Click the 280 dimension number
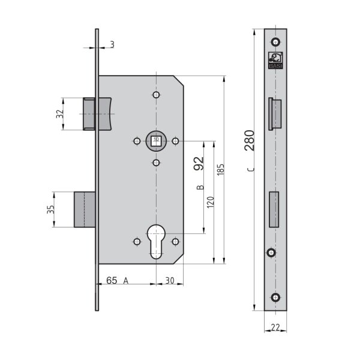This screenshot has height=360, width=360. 250,140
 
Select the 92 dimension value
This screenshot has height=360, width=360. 199,163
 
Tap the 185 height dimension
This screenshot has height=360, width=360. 220,170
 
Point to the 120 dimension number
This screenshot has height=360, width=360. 211,202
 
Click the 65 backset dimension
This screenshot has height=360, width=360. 112,280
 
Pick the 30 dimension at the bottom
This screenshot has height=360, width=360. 170,281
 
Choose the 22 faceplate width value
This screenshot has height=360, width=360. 275,328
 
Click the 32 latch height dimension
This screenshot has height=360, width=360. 59,114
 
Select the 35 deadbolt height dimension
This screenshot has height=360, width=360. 50,209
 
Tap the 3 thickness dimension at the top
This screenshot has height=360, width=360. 112,44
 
